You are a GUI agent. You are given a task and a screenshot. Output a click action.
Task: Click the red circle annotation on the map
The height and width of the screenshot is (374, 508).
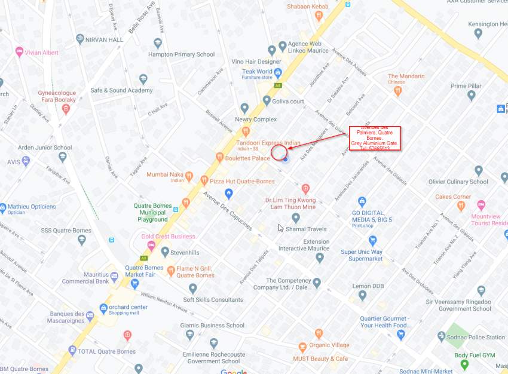click(x=279, y=152)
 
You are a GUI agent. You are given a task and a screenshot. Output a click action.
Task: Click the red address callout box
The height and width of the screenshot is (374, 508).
click(x=374, y=138)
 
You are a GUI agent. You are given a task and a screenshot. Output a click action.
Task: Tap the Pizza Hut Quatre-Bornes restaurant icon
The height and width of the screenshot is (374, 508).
click(x=204, y=180)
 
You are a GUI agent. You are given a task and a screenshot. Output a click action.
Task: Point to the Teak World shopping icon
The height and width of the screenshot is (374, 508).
click(x=278, y=72)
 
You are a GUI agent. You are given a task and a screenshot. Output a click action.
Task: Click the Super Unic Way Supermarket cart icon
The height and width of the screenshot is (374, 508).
click(x=373, y=240)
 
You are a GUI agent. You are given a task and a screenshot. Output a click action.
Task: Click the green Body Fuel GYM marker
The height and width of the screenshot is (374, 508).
click(x=465, y=364)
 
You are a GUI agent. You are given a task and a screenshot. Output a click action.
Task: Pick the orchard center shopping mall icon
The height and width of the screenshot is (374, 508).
click(x=104, y=308)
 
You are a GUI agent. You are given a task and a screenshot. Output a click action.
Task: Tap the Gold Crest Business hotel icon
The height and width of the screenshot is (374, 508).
click(x=151, y=245)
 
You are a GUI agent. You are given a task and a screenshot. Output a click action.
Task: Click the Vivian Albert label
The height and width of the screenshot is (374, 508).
click(x=41, y=53)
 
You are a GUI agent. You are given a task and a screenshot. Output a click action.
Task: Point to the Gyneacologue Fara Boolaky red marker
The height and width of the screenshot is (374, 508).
click(x=66, y=109)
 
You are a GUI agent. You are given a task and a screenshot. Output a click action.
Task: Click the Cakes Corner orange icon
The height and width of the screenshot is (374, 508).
click(x=461, y=206)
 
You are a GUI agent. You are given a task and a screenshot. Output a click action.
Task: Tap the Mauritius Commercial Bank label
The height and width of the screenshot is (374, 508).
click(x=85, y=278)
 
